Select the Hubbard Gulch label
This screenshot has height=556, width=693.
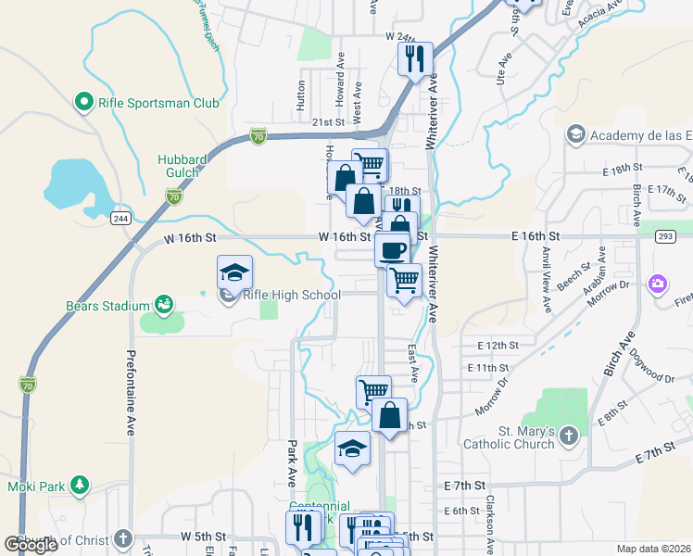pyautogui.click(x=179, y=167)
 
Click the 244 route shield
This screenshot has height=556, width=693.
pyautogui.click(x=120, y=218)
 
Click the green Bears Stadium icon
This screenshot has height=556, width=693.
pyautogui.click(x=164, y=304)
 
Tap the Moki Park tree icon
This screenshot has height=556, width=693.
pyautogui.click(x=81, y=485)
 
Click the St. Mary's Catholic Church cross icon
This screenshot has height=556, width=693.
pyautogui.click(x=569, y=434)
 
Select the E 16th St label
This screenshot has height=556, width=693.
pyautogui.click(x=535, y=237)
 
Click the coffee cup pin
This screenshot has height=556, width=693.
pyautogui.click(x=392, y=249)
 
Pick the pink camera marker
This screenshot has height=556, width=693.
pyautogui.click(x=658, y=283)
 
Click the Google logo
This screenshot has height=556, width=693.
pyautogui.click(x=31, y=545)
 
